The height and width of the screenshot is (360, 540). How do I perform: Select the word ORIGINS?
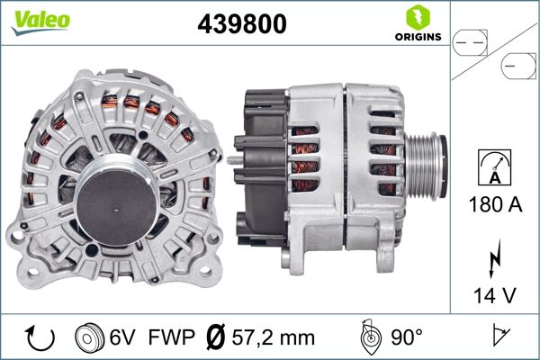[x=417, y=37]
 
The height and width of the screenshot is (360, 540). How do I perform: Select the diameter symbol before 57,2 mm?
[x=216, y=337]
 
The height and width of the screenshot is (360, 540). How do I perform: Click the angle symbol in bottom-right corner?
[x=502, y=337]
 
